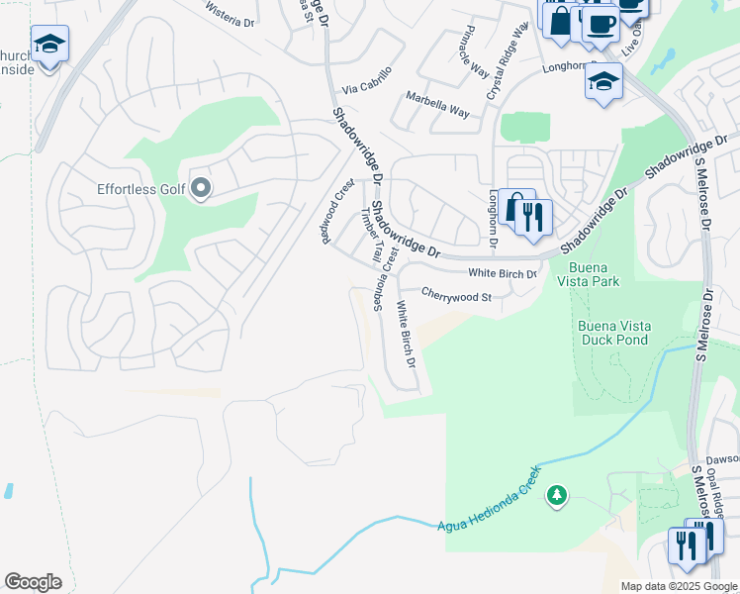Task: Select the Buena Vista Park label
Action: (x=593, y=274)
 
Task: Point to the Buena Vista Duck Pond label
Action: (x=611, y=333)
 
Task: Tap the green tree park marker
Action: (x=556, y=496)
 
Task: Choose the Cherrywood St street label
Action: (x=456, y=295)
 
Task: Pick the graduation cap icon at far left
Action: (x=48, y=45)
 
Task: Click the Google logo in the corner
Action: (x=33, y=582)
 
